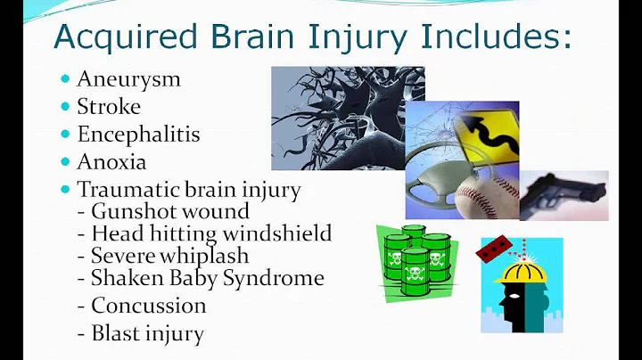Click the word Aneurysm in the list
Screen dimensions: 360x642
coord(128,79)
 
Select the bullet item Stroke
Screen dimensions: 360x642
coord(109,107)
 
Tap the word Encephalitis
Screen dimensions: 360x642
coord(138,135)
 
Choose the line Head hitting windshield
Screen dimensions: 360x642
coord(211,234)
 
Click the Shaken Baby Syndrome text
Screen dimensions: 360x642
coord(207,278)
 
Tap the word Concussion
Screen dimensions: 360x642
coord(148,306)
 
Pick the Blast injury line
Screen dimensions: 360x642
coord(147,334)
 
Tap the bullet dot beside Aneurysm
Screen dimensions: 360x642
coord(65,79)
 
